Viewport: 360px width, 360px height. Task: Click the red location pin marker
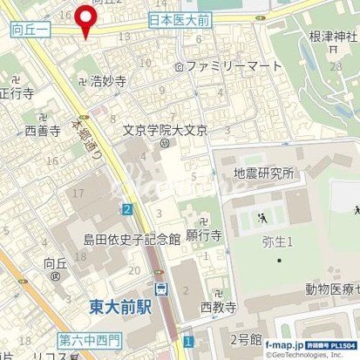[85, 19]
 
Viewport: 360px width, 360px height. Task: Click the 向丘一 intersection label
[32, 30]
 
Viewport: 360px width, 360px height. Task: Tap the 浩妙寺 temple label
[109, 81]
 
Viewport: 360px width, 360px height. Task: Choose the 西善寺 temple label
[43, 132]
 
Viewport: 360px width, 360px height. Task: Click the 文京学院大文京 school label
[166, 132]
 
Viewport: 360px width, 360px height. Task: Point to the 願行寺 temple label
[205, 235]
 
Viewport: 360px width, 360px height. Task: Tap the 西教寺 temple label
[218, 307]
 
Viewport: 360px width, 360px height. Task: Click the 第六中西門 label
[92, 338]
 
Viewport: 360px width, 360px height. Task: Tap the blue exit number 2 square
[127, 208]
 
